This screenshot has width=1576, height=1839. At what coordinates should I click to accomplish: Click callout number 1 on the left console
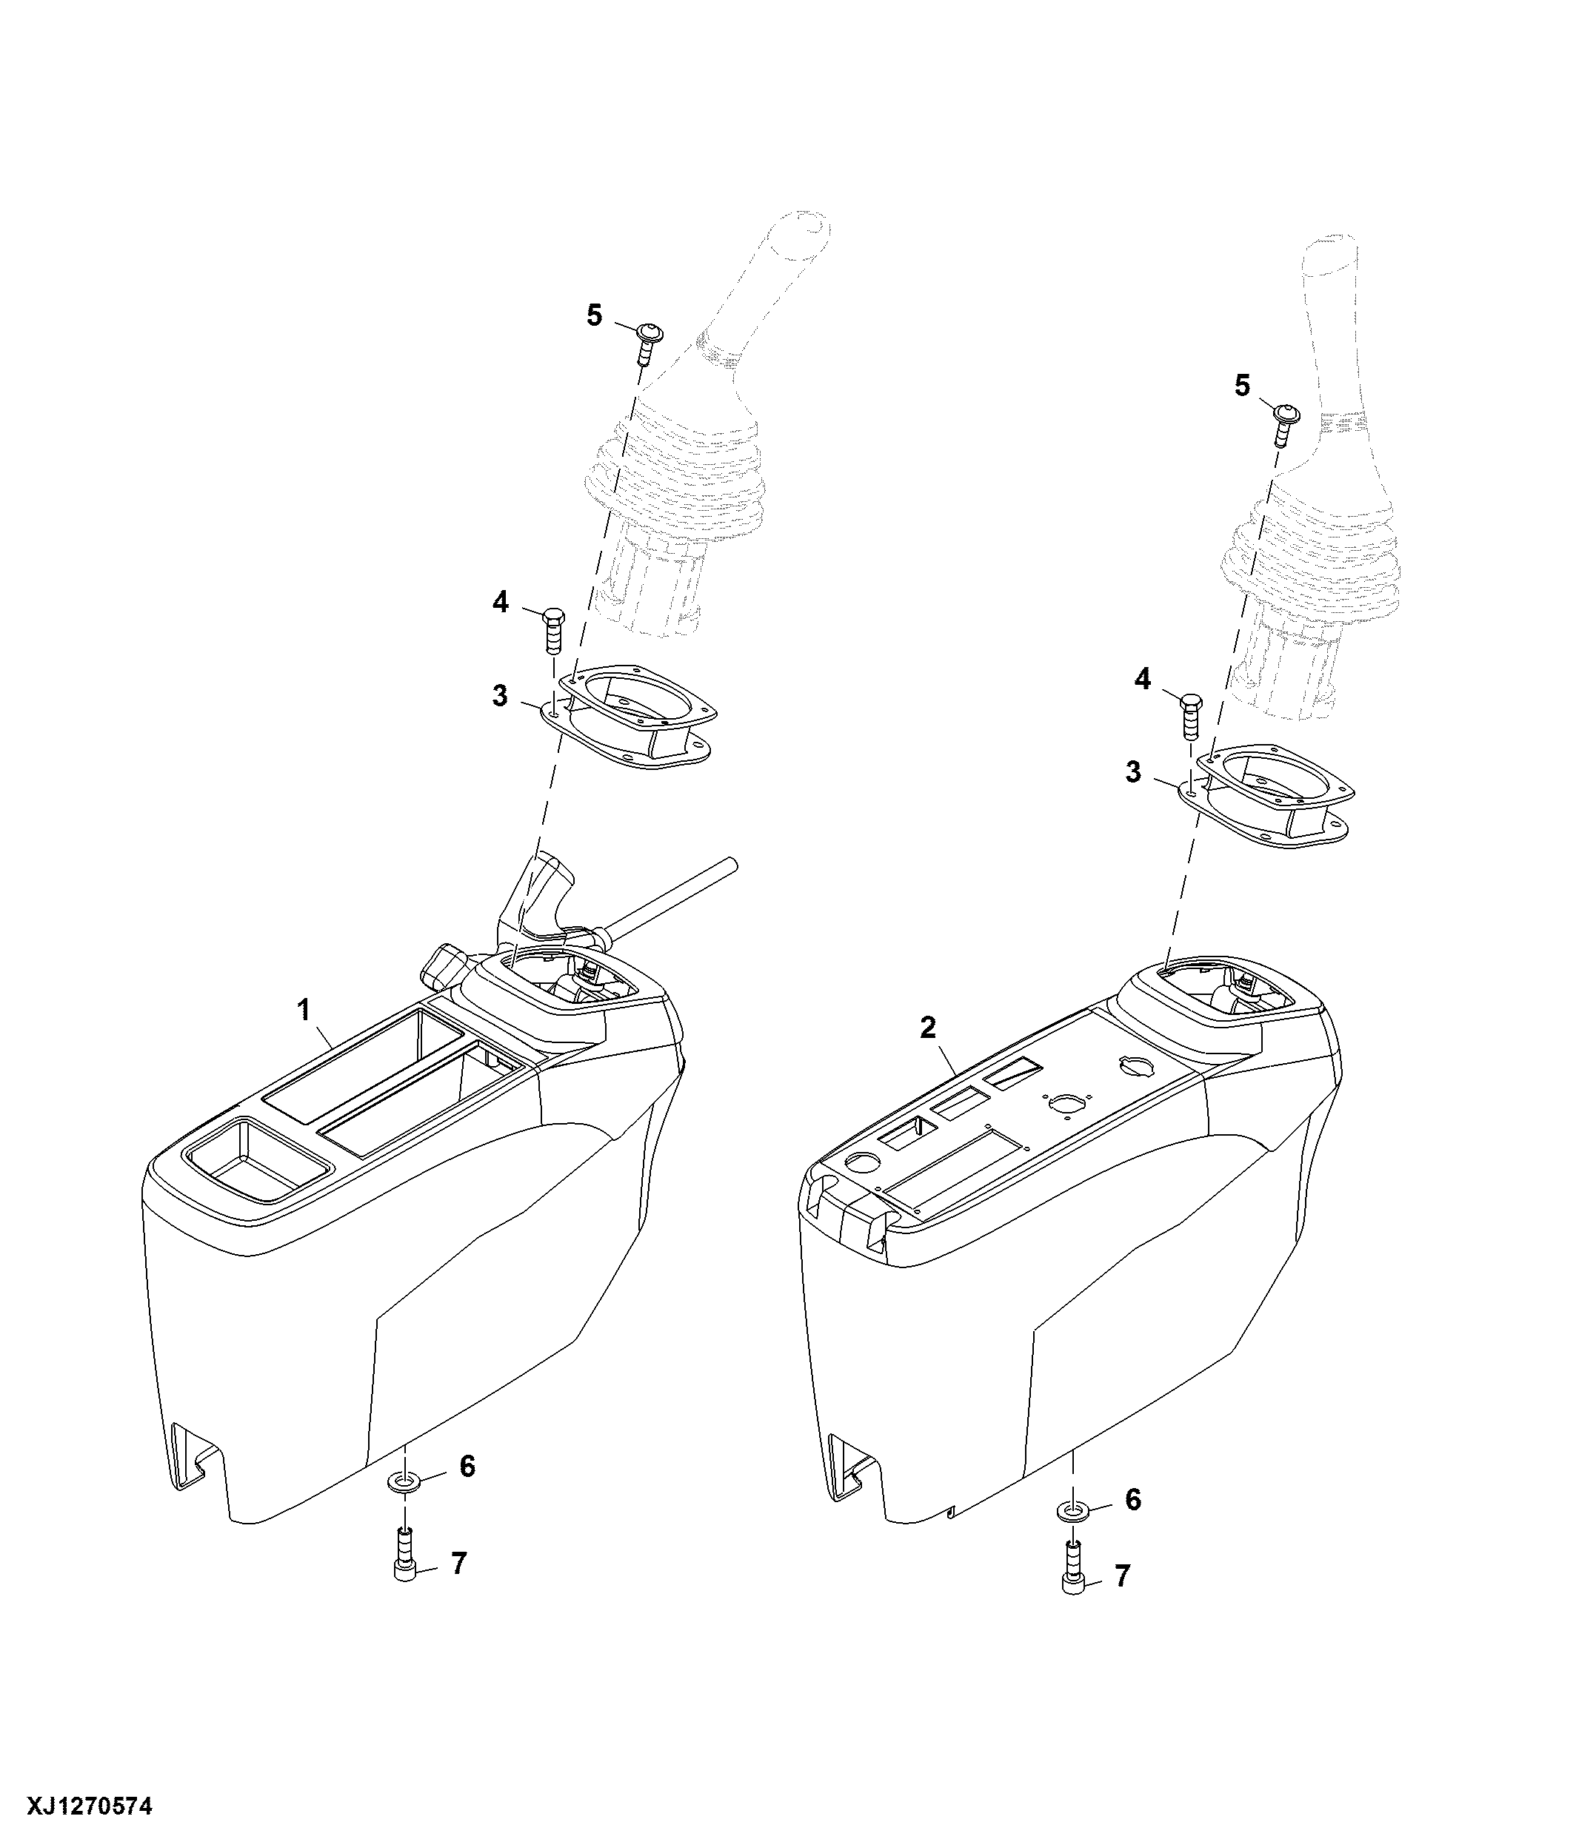pyautogui.click(x=304, y=1009)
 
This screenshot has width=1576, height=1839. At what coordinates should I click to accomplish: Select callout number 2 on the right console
pyautogui.click(x=928, y=1028)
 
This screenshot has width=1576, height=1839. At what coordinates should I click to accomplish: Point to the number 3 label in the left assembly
pyautogui.click(x=500, y=696)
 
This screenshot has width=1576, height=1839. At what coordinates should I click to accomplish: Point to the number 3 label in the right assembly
pyautogui.click(x=1133, y=772)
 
